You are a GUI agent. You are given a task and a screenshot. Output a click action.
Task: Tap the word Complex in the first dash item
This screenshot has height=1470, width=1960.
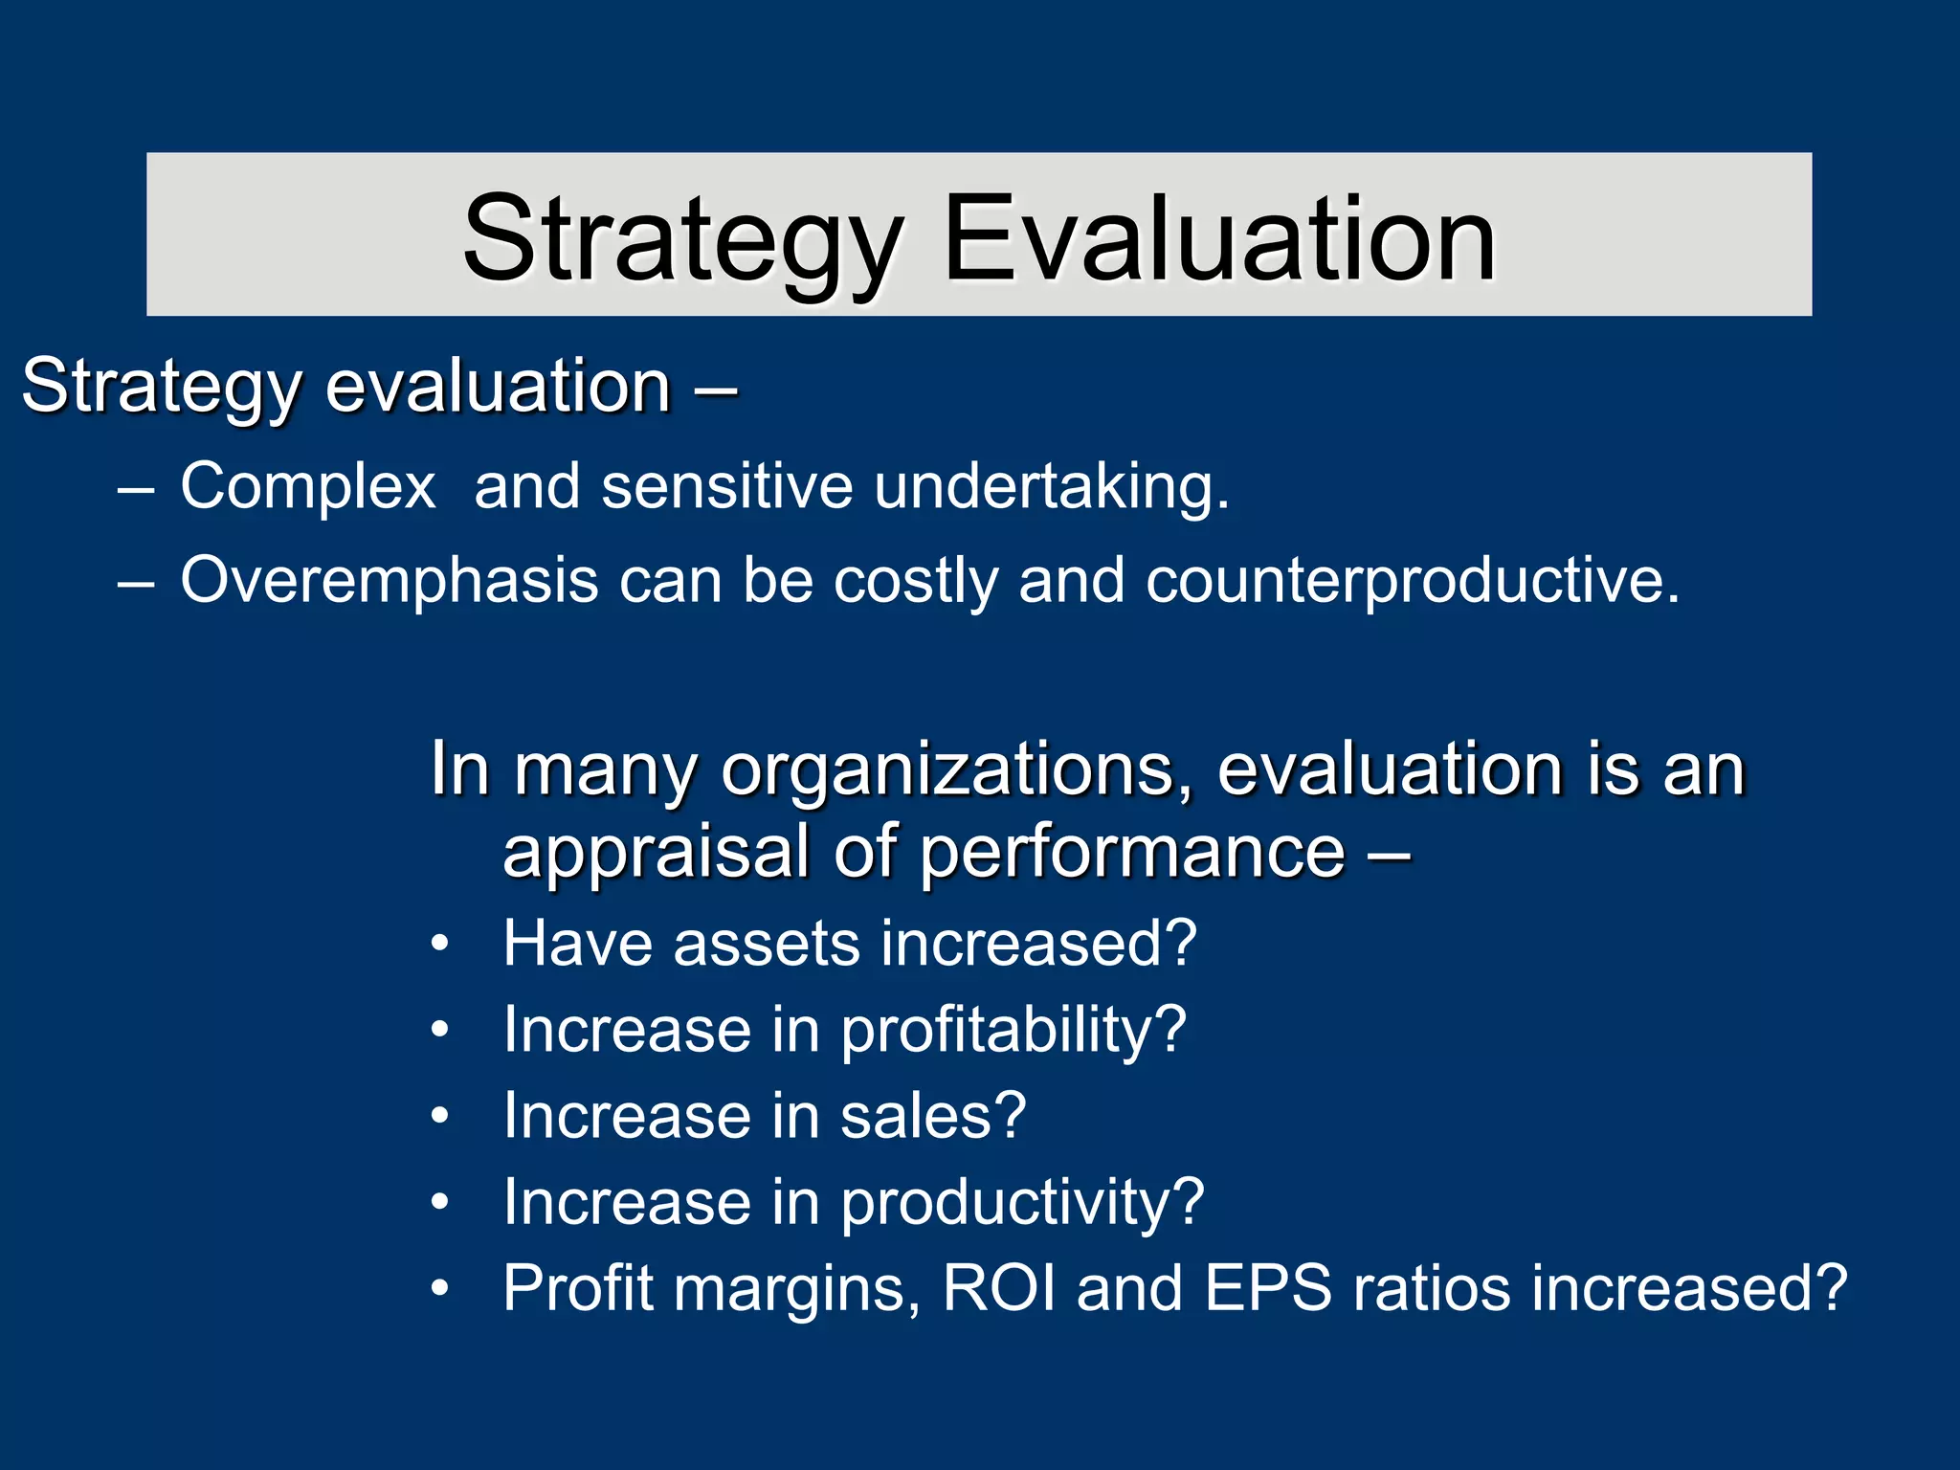coord(308,486)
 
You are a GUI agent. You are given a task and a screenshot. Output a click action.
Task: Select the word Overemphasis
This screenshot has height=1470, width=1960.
coord(389,580)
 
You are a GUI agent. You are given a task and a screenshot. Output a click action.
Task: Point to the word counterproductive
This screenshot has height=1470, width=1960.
coord(1413,580)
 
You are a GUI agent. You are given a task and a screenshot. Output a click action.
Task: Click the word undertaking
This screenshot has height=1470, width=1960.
coord(1051,486)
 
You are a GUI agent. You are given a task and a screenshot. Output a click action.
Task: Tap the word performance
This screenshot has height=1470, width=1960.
coord(1133,852)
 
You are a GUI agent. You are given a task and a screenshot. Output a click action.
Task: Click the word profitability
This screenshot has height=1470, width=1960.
coord(1013,1030)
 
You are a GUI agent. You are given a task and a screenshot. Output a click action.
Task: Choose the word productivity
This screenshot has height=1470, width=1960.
coord(1021,1202)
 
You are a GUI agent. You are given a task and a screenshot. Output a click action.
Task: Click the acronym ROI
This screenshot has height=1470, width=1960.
coord(999,1288)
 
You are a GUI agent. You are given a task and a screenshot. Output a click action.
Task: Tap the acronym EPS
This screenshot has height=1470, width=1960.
coord(1267,1288)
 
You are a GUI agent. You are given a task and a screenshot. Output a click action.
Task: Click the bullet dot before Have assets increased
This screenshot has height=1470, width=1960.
coord(439,945)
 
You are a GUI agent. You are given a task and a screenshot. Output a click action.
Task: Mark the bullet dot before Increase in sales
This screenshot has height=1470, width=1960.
coord(439,1117)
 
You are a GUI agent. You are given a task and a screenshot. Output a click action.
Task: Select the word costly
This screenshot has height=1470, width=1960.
coord(915,580)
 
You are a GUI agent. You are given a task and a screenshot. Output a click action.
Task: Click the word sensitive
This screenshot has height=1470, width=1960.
coord(726,486)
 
